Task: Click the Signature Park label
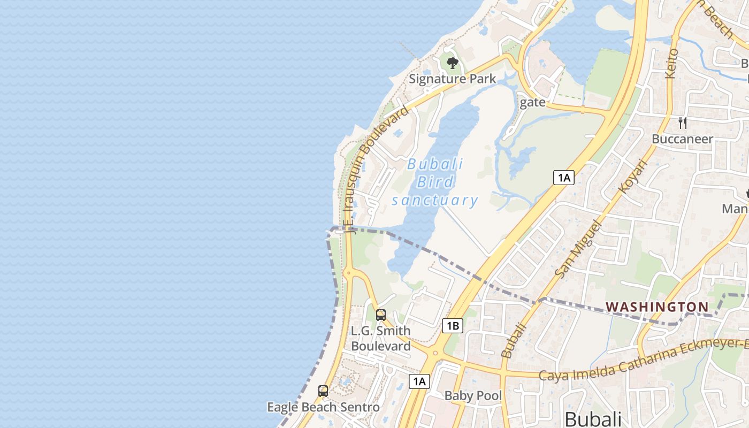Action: point(452,79)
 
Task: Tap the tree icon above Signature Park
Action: point(452,63)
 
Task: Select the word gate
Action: point(532,102)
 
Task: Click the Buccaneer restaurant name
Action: point(682,139)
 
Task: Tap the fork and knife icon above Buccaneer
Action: point(682,123)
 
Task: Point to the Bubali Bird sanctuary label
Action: point(435,182)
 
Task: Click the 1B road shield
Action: point(453,325)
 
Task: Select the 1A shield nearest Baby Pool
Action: point(419,381)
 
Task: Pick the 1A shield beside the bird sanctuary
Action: point(564,178)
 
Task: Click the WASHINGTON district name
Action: point(657,307)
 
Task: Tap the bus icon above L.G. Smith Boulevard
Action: point(381,315)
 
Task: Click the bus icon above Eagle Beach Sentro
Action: point(323,391)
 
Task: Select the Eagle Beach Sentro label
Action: point(323,407)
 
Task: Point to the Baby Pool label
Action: point(473,396)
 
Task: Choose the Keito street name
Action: point(671,63)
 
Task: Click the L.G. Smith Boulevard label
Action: point(380,338)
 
